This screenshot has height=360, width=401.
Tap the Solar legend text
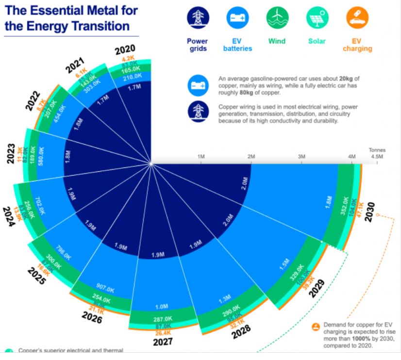(317, 41)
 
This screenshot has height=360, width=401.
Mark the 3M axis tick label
(301, 156)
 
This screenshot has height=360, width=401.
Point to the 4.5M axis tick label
(376, 156)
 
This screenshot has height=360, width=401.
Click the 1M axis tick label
(201, 156)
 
